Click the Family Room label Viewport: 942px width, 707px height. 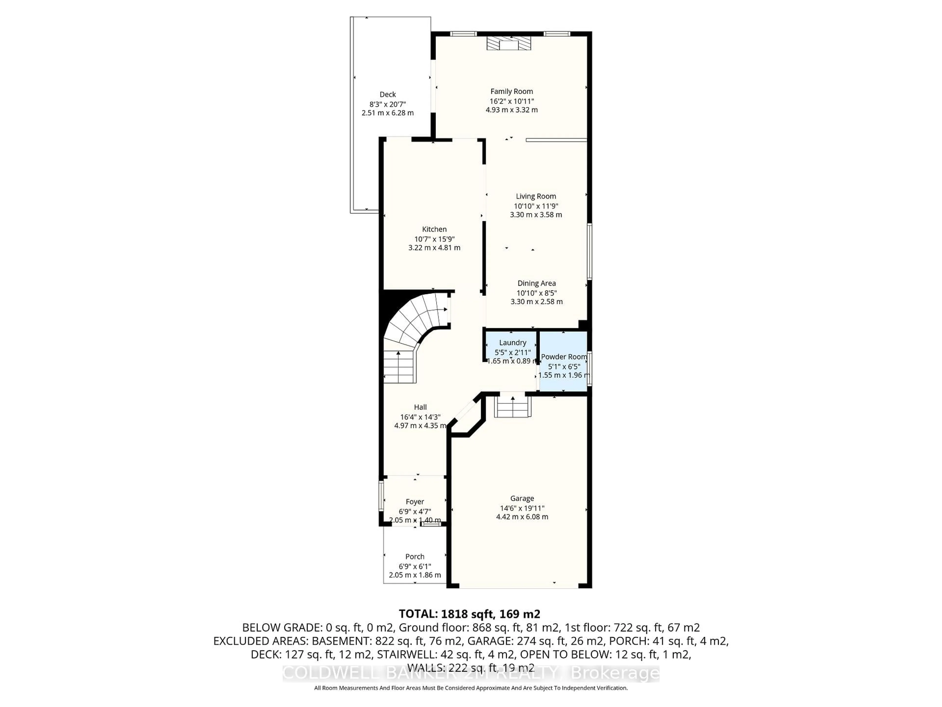pos(511,91)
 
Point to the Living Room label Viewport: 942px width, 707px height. pos(536,196)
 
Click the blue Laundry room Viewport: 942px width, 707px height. pos(512,345)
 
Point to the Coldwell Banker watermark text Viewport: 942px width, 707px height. pos(471,674)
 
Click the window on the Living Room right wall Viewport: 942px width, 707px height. pos(589,251)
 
